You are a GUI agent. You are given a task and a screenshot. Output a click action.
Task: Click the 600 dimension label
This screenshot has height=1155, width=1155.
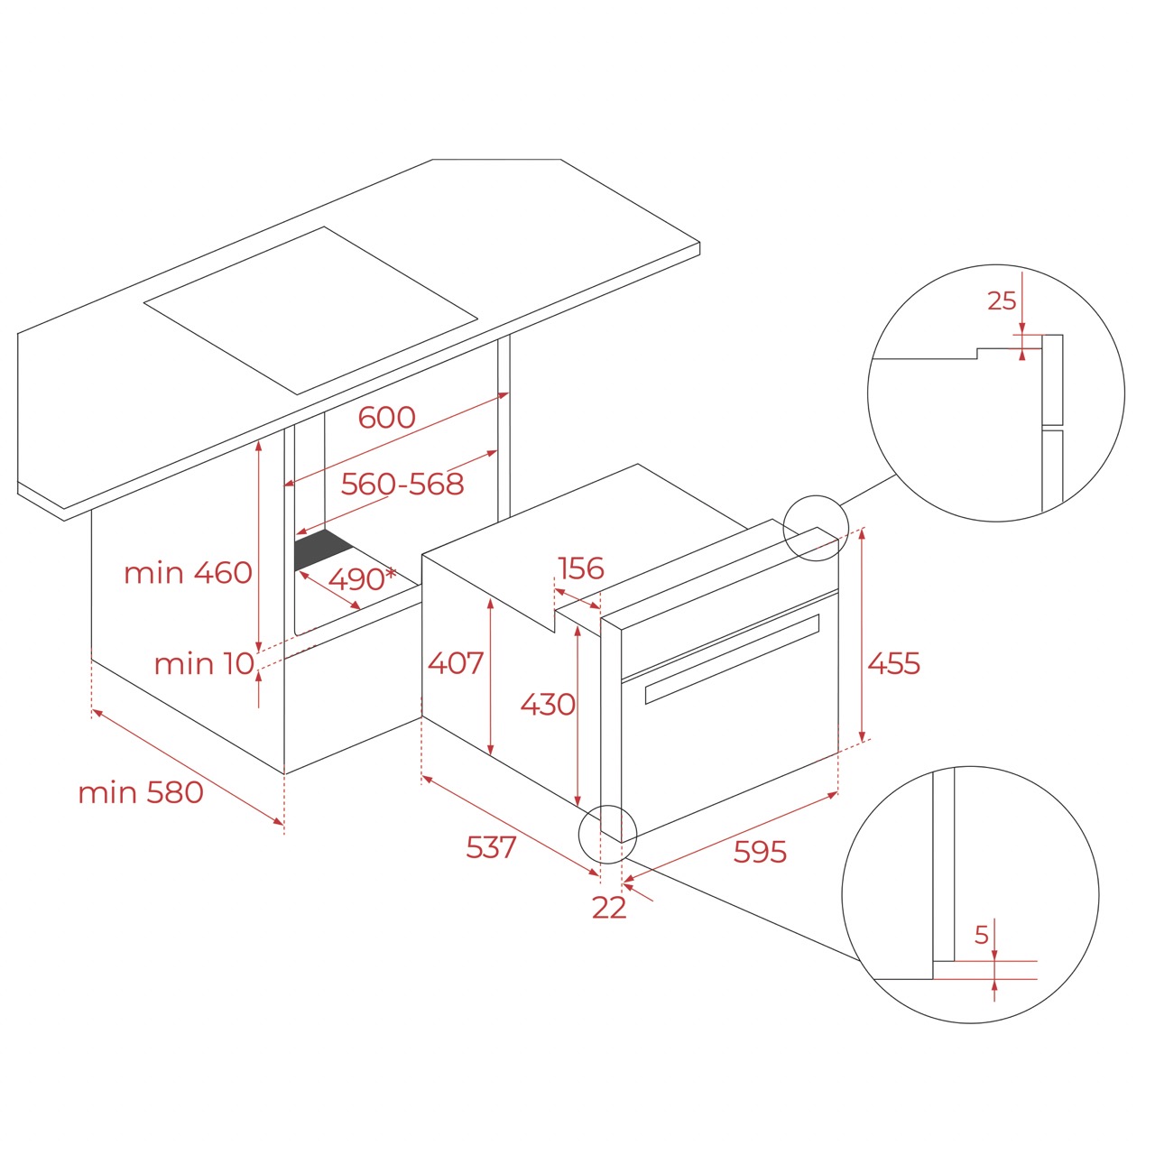[x=387, y=417]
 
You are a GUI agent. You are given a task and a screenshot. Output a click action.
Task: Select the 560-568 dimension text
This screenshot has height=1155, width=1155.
[x=402, y=485]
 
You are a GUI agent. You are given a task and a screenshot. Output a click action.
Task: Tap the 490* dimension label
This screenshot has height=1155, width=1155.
[x=361, y=578]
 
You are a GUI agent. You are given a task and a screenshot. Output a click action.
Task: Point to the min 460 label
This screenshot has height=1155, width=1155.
[x=188, y=573]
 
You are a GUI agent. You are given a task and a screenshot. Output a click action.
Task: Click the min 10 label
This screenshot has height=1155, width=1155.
[x=204, y=664]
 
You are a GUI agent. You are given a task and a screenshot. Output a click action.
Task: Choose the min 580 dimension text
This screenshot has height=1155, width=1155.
[x=141, y=792]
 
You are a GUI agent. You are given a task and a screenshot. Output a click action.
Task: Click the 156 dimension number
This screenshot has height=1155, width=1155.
[x=580, y=568]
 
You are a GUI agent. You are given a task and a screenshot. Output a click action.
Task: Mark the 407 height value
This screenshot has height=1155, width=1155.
[x=456, y=663]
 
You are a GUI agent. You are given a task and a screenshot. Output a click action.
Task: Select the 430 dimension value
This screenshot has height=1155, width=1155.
[x=548, y=704]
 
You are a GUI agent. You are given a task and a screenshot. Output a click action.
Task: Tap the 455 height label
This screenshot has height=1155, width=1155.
[x=893, y=664]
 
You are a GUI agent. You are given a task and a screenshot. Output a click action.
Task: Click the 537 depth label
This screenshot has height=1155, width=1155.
[x=491, y=847]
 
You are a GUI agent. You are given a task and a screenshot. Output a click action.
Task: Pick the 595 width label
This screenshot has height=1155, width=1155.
[x=760, y=852]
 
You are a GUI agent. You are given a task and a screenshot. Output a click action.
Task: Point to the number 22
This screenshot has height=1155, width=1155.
[x=609, y=908]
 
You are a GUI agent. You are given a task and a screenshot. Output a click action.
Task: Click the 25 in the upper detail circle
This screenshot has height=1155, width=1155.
[x=1002, y=301]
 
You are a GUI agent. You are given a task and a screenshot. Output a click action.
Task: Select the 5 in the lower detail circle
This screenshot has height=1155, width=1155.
[x=982, y=936]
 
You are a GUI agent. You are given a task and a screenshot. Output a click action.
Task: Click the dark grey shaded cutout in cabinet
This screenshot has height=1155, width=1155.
[x=321, y=549]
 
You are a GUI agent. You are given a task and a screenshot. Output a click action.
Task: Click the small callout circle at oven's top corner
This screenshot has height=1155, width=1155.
[x=816, y=528]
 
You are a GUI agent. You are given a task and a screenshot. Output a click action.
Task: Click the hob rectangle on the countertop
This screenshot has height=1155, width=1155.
[x=310, y=310]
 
